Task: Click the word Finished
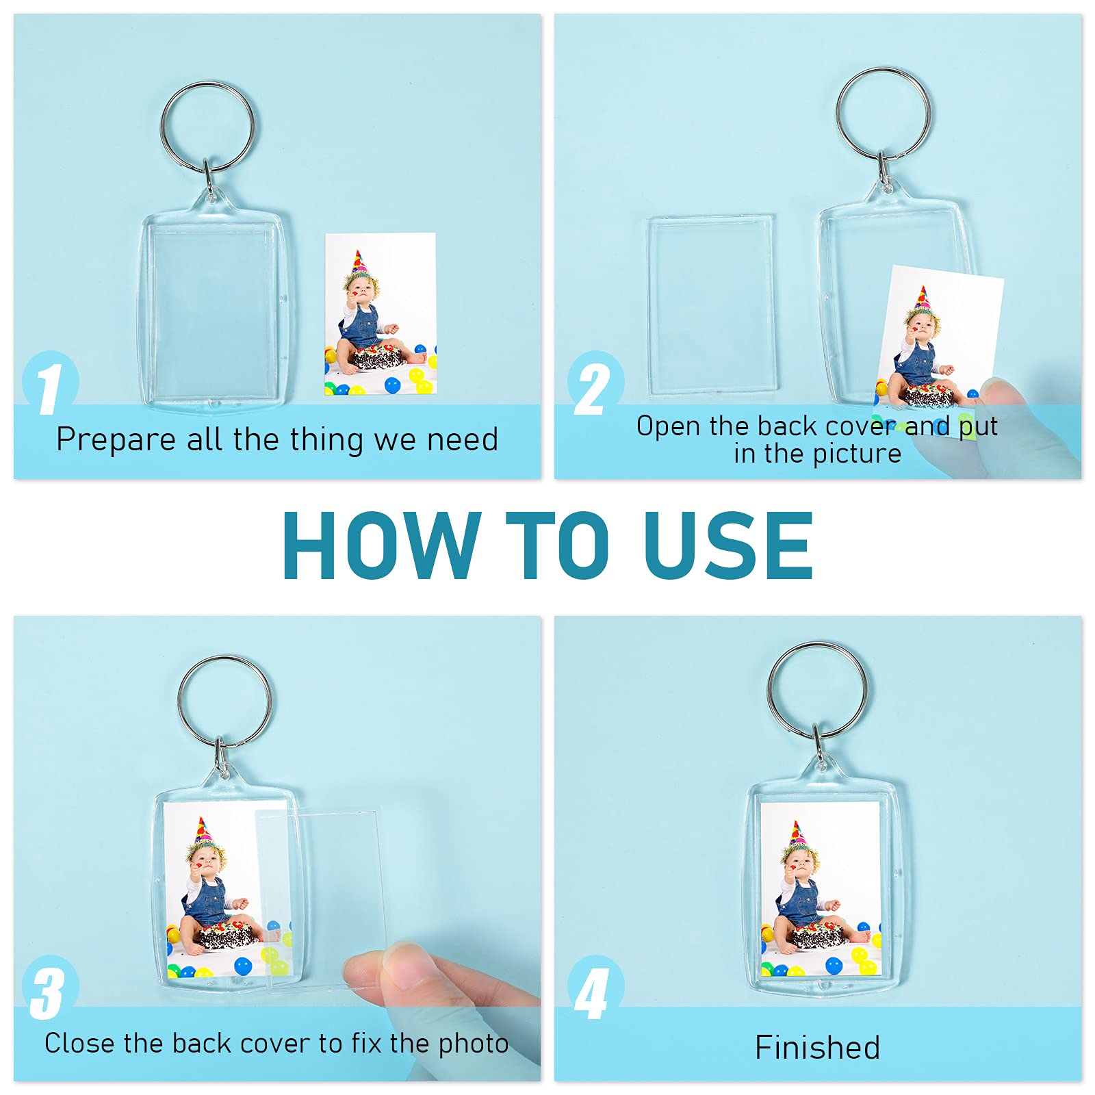click(x=817, y=1047)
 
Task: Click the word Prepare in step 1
click(x=116, y=440)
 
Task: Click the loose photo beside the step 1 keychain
click(x=381, y=314)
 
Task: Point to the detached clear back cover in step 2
click(x=712, y=305)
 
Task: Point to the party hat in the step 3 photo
click(x=203, y=831)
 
